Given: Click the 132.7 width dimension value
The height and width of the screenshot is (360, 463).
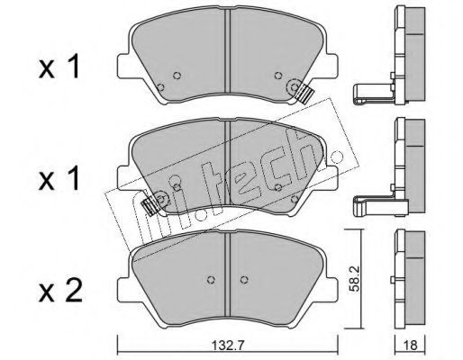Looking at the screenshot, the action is [x=227, y=346].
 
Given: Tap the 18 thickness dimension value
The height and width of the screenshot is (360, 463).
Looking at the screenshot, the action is [x=411, y=346].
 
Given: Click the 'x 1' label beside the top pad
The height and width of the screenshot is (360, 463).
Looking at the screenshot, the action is [x=59, y=66].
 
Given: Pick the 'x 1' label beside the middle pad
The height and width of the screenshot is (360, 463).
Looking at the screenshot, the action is [x=59, y=178].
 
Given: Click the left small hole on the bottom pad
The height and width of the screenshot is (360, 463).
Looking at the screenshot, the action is [x=212, y=279].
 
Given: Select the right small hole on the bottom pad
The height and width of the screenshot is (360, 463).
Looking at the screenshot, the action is [x=244, y=279].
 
